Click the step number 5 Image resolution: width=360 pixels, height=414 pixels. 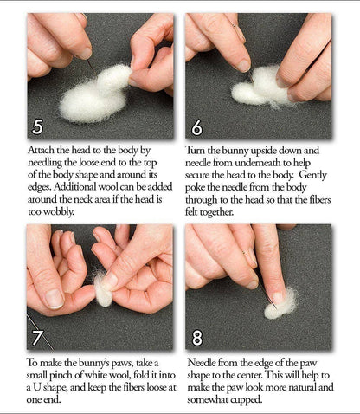[x=38, y=125]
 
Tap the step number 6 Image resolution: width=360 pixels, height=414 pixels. [x=196, y=126]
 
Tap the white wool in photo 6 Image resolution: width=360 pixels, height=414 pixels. [x=260, y=87]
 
